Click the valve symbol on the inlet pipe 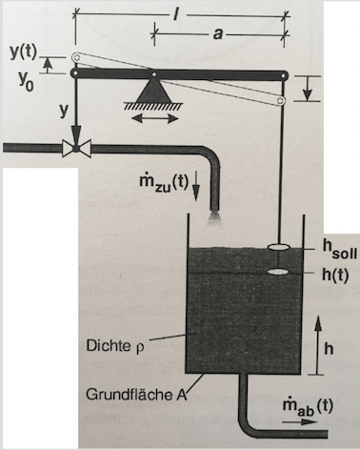(76, 148)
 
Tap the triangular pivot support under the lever (153, 90)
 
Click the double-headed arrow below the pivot (155, 119)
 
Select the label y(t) (24, 51)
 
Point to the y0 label (26, 82)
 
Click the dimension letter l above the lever (175, 14)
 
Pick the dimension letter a (217, 33)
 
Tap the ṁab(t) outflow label (308, 407)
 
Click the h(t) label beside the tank (335, 275)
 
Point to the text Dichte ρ (115, 346)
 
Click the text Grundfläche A (135, 395)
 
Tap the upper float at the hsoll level (278, 247)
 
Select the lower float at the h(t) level (278, 272)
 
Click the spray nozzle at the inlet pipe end (215, 217)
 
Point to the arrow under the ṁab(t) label (299, 422)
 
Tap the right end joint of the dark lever (283, 75)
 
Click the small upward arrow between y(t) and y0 (48, 66)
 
